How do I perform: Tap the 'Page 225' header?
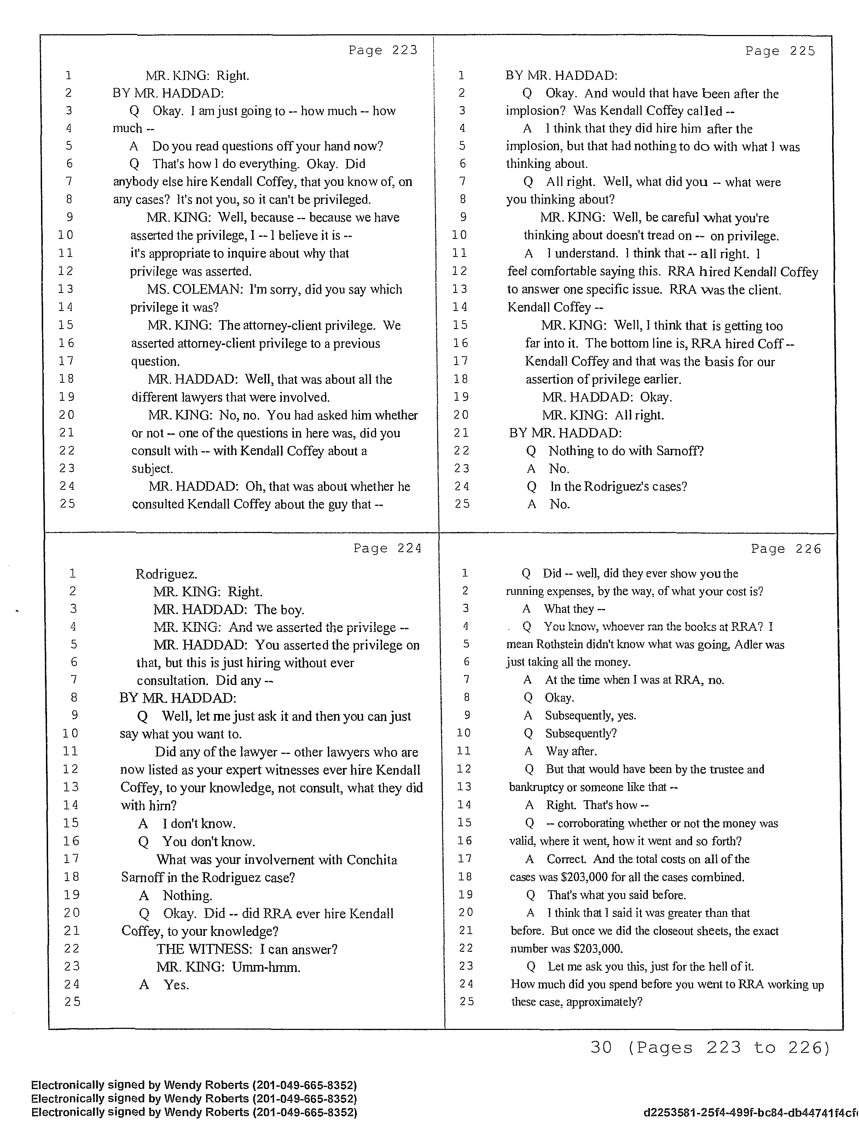point(780,51)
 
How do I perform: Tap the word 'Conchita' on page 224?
point(371,860)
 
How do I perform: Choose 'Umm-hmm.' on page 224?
point(266,967)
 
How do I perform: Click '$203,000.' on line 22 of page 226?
point(598,949)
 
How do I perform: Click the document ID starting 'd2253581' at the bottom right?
point(749,1113)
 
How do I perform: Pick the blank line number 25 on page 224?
point(72,1002)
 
